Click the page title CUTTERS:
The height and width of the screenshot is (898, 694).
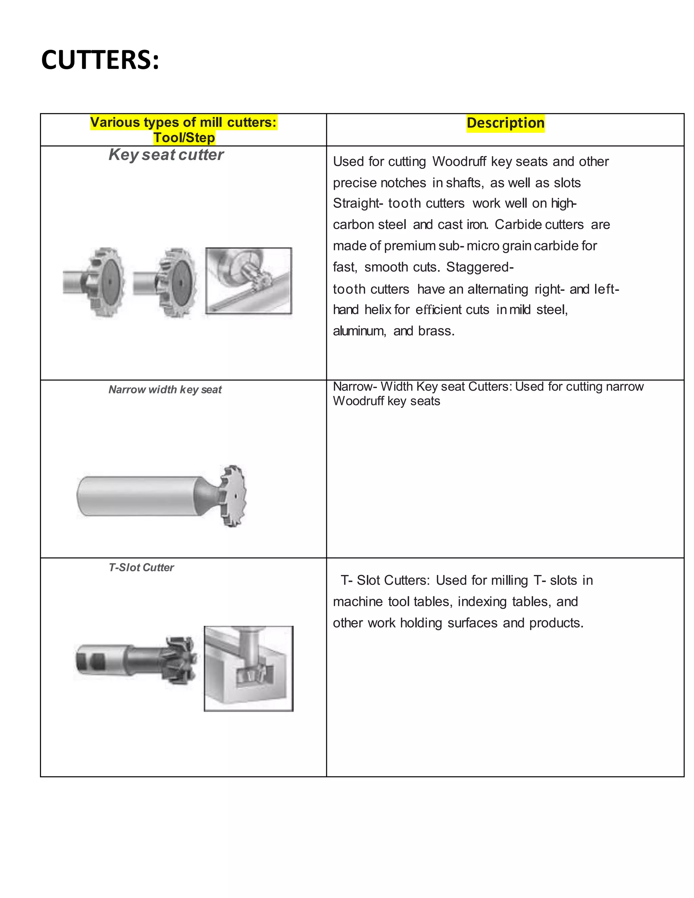click(100, 60)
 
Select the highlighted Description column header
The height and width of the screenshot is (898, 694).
click(505, 123)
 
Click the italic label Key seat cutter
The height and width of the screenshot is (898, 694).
click(166, 155)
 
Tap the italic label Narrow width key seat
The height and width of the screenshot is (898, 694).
click(165, 389)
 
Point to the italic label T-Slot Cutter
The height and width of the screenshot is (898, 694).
click(141, 567)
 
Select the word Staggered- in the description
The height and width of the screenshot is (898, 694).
click(479, 267)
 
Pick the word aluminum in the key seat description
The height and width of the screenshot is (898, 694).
click(359, 331)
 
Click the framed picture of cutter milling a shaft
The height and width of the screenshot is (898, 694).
click(248, 281)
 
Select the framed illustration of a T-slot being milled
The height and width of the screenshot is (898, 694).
click(248, 669)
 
